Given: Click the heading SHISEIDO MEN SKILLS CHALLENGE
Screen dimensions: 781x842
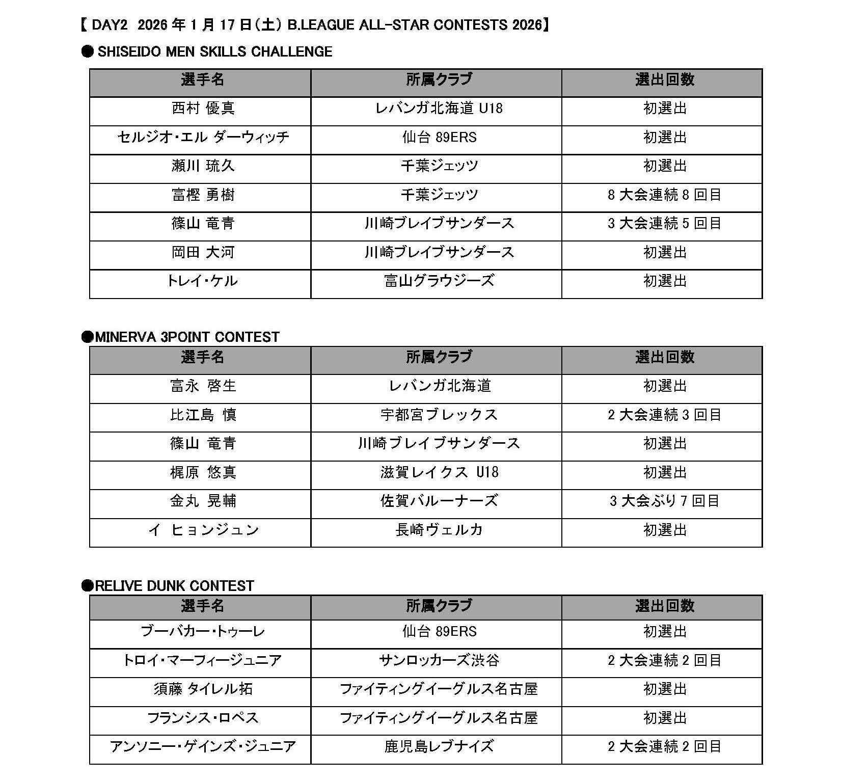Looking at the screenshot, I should click(x=214, y=51).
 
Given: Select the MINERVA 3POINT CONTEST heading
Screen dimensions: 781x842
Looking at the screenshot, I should click(x=187, y=337).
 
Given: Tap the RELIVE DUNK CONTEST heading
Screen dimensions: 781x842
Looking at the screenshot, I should click(x=174, y=586).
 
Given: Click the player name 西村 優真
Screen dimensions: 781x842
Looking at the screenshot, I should click(x=203, y=109).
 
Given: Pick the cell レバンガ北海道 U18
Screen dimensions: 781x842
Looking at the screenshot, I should click(x=439, y=109).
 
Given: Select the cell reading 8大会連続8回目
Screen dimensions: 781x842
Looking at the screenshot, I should click(x=664, y=195).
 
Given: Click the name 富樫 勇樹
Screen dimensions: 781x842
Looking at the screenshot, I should click(x=203, y=195).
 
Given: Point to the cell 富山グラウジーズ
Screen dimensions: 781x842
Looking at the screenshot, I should click(x=439, y=281).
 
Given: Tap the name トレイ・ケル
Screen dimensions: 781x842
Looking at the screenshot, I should click(x=203, y=281).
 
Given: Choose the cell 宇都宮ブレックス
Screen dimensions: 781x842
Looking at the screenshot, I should click(x=439, y=415).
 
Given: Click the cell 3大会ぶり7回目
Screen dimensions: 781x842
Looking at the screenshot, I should click(x=664, y=501).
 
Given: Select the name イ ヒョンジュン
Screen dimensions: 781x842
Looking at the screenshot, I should click(x=203, y=530).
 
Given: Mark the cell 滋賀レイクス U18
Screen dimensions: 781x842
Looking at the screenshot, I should click(x=439, y=472).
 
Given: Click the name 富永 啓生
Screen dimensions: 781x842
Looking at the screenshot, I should click(x=203, y=386).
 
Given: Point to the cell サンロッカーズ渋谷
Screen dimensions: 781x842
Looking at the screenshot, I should click(x=439, y=661).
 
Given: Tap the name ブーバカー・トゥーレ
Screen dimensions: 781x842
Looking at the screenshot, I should click(x=203, y=632).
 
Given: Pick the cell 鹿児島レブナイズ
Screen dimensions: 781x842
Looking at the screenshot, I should click(x=439, y=747).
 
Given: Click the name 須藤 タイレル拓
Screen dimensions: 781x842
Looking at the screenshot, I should click(x=203, y=689).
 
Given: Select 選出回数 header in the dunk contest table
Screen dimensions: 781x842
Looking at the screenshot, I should click(x=664, y=606).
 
